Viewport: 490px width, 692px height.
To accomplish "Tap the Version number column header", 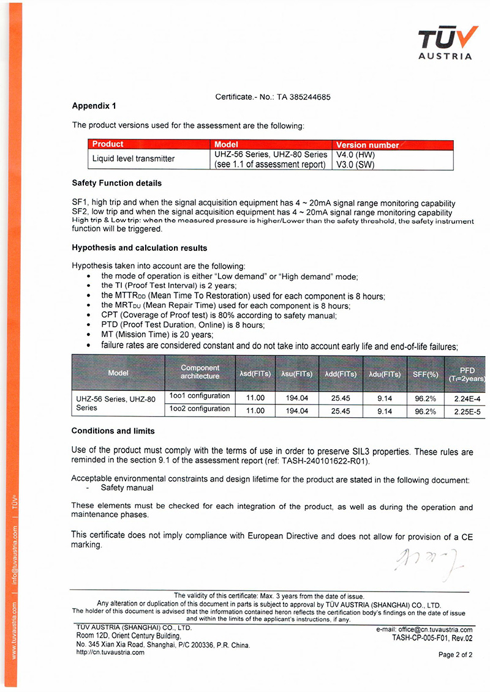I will (x=367, y=145).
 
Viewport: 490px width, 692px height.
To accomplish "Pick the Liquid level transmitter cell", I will (x=133, y=158).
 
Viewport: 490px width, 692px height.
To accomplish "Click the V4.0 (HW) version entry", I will (x=355, y=155).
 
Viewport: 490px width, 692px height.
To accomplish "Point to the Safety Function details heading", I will (x=116, y=183).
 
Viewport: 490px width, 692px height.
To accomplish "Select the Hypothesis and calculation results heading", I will (x=139, y=248).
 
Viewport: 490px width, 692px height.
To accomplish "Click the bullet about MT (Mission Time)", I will (x=157, y=334).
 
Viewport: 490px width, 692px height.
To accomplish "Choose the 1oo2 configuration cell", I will (x=200, y=409).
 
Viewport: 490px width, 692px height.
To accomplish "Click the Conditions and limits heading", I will (x=113, y=431).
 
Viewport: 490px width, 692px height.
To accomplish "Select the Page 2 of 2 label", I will (x=455, y=655).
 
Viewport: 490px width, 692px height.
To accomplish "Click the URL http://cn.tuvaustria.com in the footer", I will (x=110, y=652).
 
